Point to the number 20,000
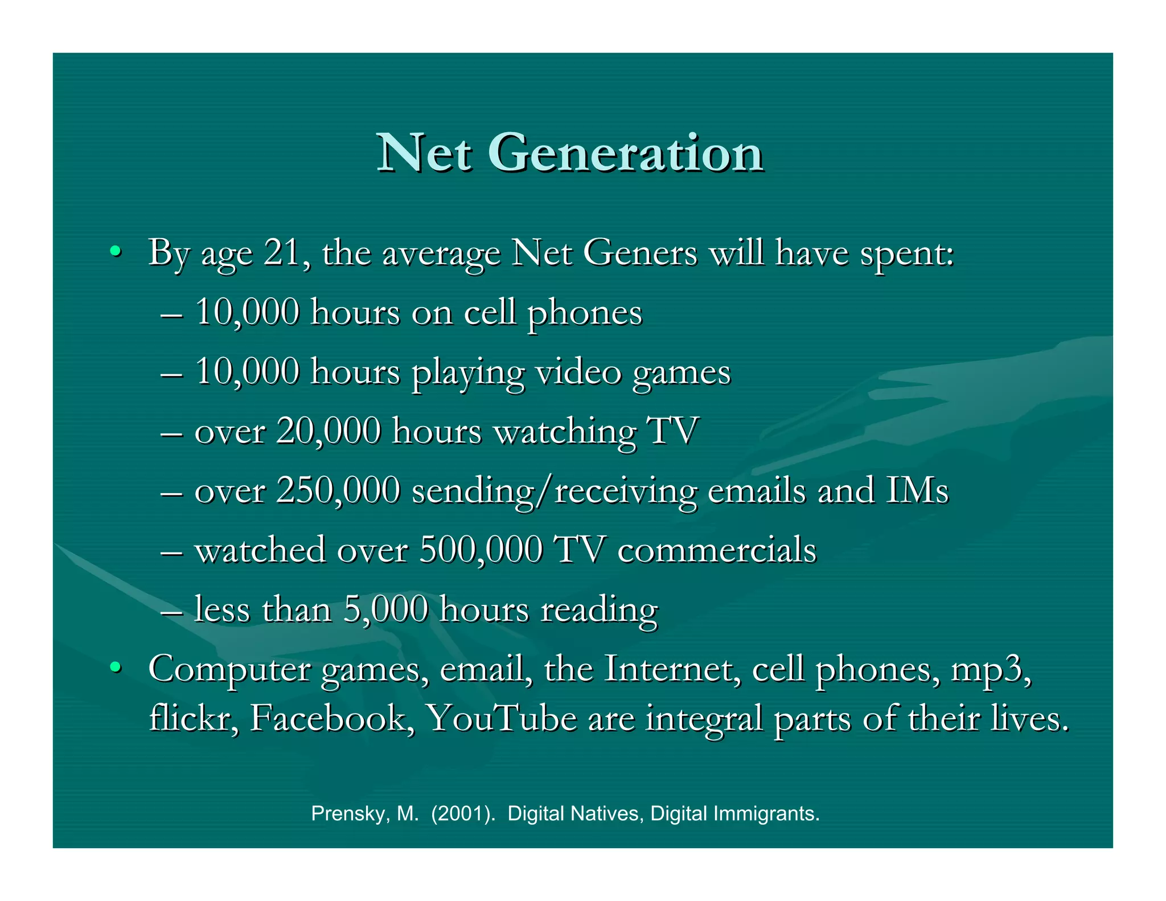click(x=328, y=431)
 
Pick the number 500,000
click(x=481, y=550)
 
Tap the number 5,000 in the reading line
click(x=385, y=609)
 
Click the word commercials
click(x=717, y=550)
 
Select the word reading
click(x=599, y=610)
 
